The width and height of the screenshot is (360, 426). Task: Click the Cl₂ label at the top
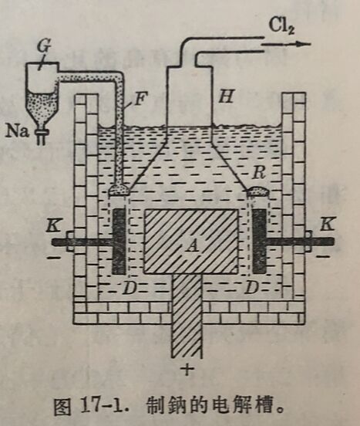(x=281, y=26)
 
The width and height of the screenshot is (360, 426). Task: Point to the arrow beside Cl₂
(x=287, y=44)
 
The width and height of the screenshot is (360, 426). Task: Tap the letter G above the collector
(x=44, y=46)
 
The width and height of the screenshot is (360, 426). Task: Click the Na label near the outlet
(x=17, y=131)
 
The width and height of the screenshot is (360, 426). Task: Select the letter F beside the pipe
(x=140, y=99)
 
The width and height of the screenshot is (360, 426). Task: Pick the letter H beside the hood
(x=226, y=96)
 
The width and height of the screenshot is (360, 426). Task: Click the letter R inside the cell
(x=258, y=172)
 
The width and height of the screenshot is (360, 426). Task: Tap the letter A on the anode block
(x=193, y=246)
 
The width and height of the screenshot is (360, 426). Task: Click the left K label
(x=54, y=225)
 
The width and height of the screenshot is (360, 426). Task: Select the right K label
(x=326, y=225)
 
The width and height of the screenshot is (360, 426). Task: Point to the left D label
(x=129, y=288)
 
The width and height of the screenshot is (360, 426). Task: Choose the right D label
(x=251, y=288)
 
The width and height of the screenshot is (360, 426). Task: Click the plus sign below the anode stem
(x=187, y=370)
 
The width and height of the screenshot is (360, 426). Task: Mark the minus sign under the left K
(x=54, y=257)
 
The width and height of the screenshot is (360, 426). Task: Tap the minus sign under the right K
(x=322, y=256)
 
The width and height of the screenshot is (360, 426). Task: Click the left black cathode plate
(x=119, y=242)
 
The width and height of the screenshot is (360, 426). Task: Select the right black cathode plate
(x=259, y=242)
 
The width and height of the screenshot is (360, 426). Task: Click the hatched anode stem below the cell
(x=187, y=315)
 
